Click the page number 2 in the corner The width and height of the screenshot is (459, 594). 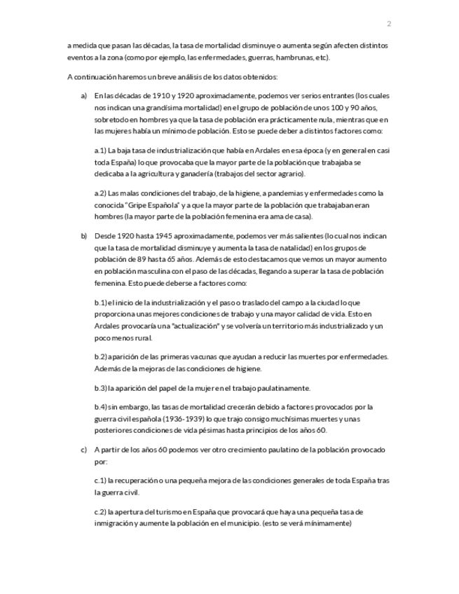coord(389,24)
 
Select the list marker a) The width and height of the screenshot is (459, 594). coord(83,95)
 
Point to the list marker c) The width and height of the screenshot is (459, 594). coord(83,450)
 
